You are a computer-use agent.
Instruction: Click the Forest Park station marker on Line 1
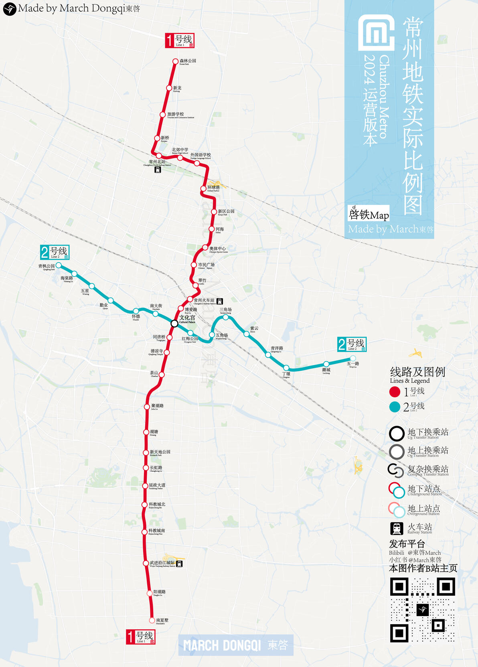(x=175, y=61)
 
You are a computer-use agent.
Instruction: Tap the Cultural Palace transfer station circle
(x=174, y=323)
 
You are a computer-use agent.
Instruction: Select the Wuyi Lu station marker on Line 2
(x=353, y=358)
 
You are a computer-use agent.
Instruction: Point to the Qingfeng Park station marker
(x=59, y=265)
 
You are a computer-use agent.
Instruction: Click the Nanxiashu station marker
(x=152, y=620)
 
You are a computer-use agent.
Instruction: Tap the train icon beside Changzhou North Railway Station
(x=158, y=170)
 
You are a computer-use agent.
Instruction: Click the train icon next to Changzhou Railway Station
(x=219, y=301)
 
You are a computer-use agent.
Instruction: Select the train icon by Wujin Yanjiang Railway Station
(x=179, y=564)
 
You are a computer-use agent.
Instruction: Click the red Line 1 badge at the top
(x=180, y=40)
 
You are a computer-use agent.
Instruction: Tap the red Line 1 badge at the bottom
(x=140, y=637)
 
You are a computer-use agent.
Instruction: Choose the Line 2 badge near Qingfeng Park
(x=55, y=252)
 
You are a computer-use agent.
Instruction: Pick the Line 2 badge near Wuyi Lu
(x=352, y=344)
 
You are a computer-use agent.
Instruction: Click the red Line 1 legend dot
(x=395, y=392)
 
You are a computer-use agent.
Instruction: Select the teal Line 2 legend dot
(x=395, y=407)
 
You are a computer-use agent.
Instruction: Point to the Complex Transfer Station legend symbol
(x=396, y=471)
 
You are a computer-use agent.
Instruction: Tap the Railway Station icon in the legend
(x=397, y=529)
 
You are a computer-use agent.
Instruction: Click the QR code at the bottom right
(x=422, y=610)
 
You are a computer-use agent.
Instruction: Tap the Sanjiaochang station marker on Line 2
(x=226, y=317)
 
